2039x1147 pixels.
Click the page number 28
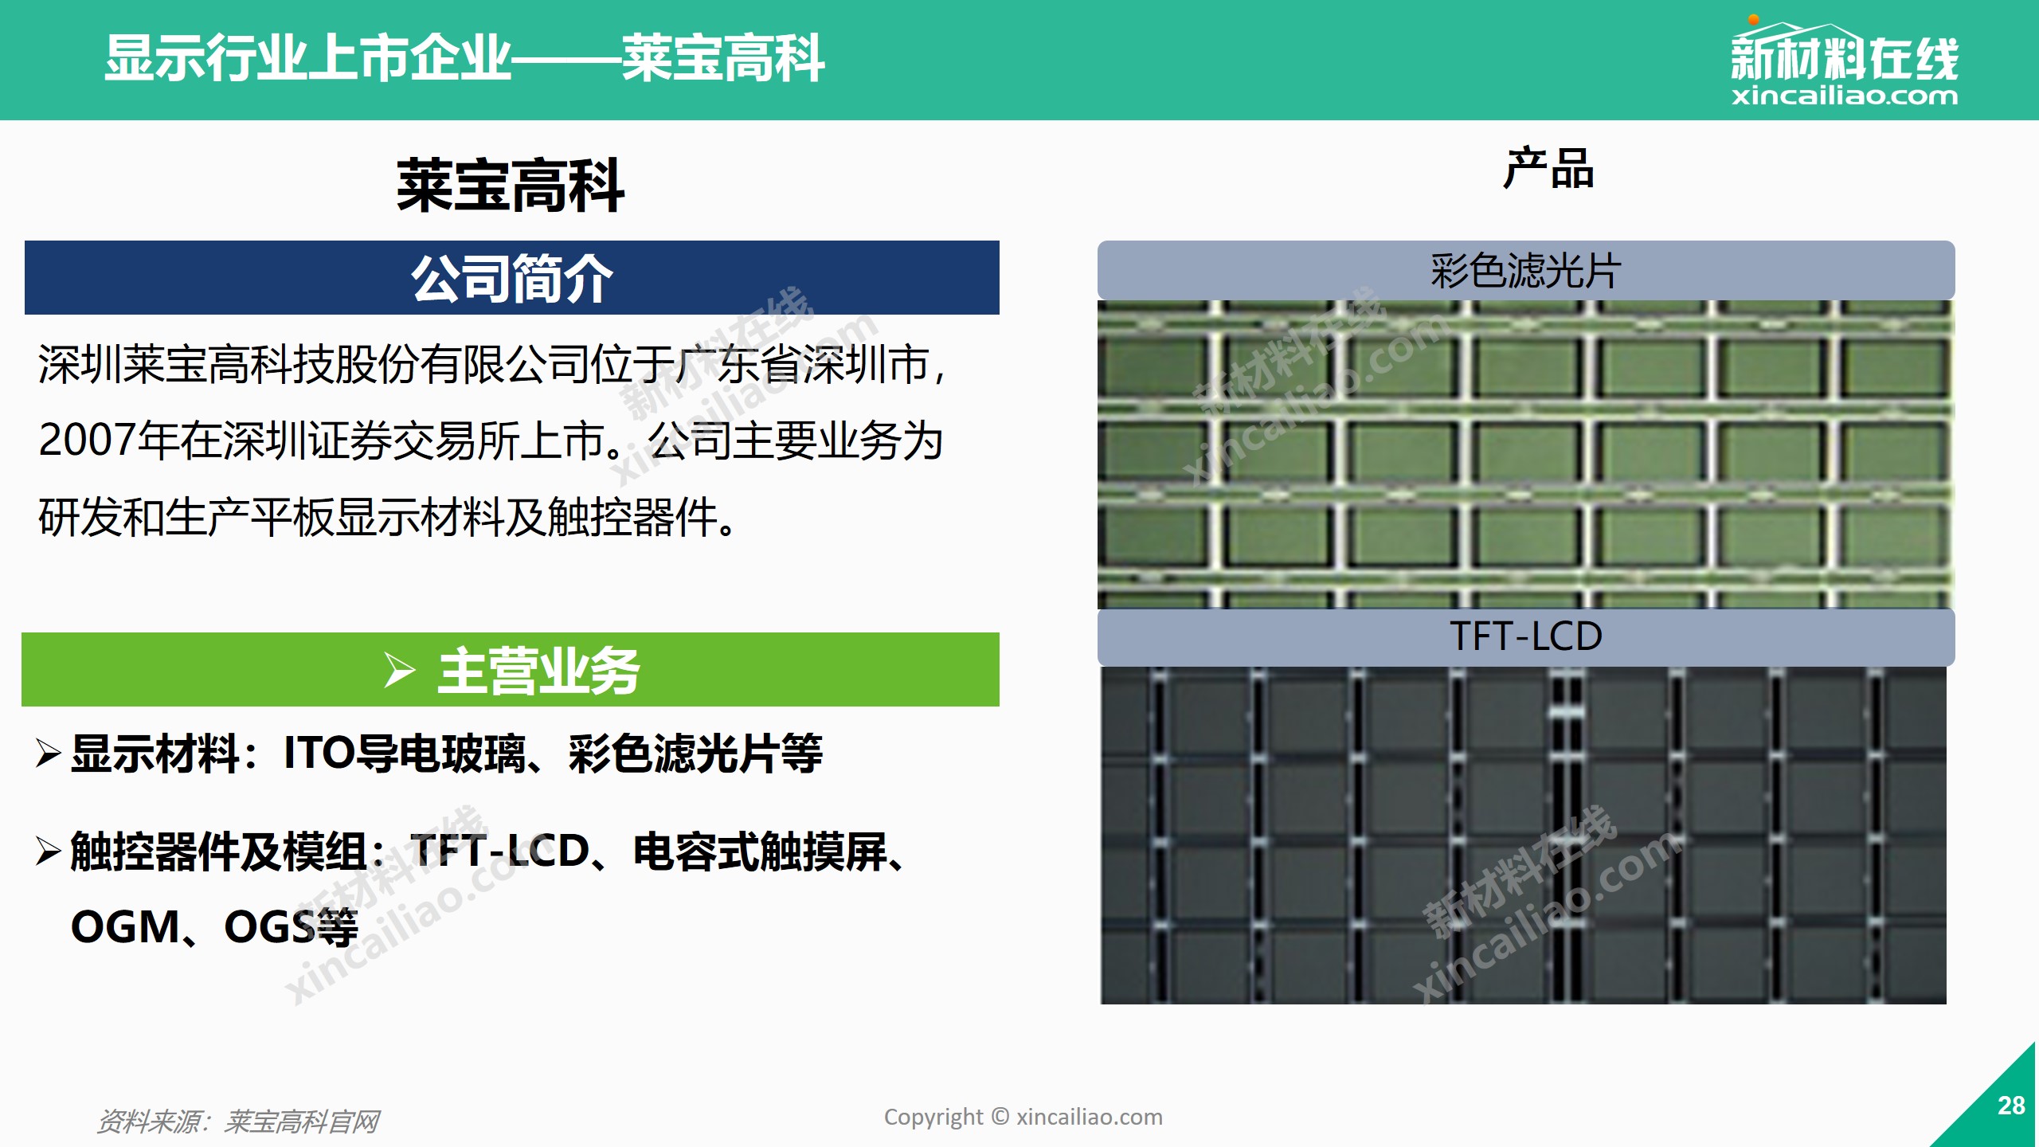(2011, 1106)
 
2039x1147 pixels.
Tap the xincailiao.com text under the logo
(1844, 96)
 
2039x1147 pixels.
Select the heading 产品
(1548, 168)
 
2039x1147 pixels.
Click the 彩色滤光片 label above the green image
(1525, 271)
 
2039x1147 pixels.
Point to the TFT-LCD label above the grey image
(1525, 636)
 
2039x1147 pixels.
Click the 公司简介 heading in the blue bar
(512, 278)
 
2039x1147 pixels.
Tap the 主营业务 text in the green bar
(539, 670)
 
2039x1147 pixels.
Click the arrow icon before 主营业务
(399, 669)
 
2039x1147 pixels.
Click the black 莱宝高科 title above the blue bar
(511, 185)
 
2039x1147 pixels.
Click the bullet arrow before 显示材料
(49, 753)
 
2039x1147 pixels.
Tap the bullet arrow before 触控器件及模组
(49, 851)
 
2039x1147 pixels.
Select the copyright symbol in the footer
(1000, 1117)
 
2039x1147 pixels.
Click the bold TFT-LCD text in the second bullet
(499, 851)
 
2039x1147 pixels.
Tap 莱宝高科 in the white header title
(723, 58)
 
